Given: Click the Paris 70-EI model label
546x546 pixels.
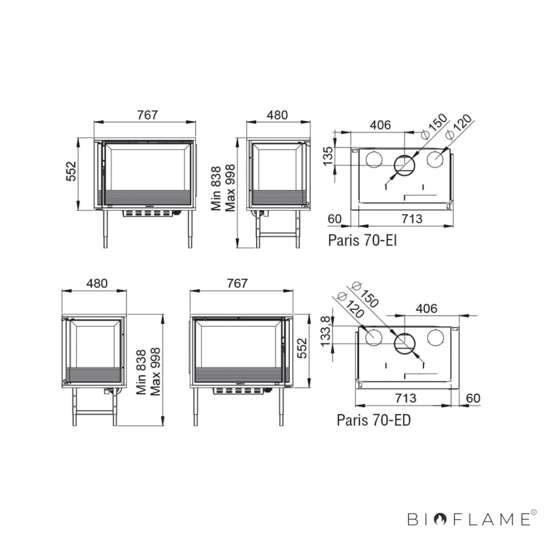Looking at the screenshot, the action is (x=362, y=241).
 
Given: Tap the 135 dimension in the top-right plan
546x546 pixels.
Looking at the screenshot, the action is (x=328, y=156).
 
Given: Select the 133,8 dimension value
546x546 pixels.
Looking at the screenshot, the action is (x=325, y=331).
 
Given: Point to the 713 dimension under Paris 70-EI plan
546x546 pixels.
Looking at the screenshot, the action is (x=412, y=219).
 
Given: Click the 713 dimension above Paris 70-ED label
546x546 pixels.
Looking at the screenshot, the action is (x=406, y=398).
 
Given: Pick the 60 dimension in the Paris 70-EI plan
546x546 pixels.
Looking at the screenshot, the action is (x=334, y=219).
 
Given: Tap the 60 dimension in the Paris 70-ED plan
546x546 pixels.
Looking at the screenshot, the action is (x=473, y=398).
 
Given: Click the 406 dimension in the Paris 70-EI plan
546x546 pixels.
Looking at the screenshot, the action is (x=380, y=125).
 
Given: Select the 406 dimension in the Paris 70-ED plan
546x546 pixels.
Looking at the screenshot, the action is (x=426, y=308).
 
